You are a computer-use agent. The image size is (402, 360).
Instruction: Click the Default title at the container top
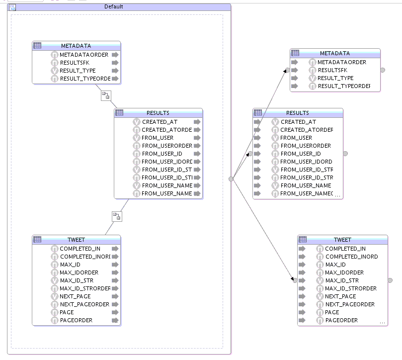click(x=113, y=6)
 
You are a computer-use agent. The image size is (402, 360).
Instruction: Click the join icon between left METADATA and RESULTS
click(x=105, y=95)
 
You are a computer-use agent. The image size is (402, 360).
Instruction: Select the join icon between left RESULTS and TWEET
click(x=116, y=216)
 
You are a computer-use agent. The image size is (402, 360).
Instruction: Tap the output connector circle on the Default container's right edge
click(x=231, y=179)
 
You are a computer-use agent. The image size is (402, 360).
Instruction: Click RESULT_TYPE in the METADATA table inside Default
click(x=78, y=71)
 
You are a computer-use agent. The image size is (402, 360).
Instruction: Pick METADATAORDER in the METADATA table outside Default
click(x=342, y=62)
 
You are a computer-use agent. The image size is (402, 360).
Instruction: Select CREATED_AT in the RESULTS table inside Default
click(x=160, y=122)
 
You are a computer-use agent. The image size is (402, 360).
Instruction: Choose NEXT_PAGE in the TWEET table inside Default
click(x=75, y=296)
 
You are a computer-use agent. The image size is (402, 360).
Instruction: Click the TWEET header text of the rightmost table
click(x=342, y=240)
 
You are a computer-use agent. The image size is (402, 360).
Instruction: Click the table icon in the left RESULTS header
click(x=119, y=113)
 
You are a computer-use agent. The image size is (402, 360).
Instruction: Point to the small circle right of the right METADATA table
click(x=383, y=70)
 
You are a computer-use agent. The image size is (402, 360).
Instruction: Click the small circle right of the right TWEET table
click(x=390, y=280)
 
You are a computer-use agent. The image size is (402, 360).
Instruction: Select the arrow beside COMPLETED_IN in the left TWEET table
click(x=115, y=249)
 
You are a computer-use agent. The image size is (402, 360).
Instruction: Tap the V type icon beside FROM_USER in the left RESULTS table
click(x=137, y=138)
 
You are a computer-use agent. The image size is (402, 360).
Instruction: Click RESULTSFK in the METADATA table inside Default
click(x=75, y=63)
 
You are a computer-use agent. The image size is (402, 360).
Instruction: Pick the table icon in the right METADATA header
click(x=295, y=53)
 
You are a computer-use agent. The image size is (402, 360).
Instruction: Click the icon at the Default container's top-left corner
click(x=12, y=7)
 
